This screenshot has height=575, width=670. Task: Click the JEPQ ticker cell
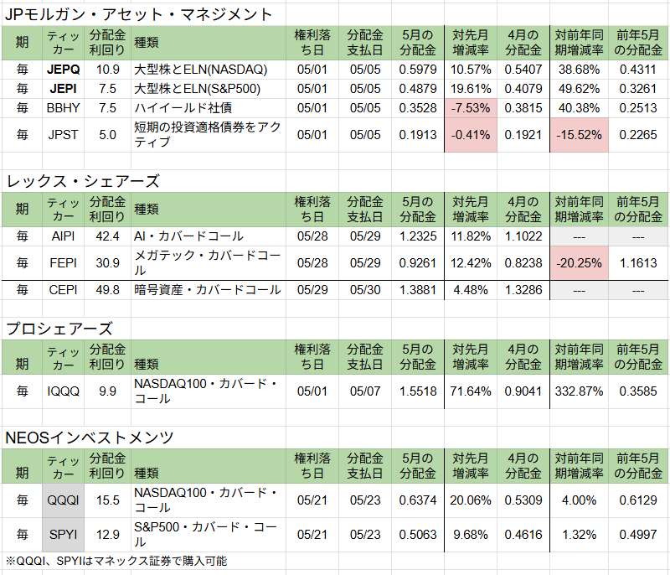click(64, 69)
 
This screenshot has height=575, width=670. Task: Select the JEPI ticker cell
click(64, 89)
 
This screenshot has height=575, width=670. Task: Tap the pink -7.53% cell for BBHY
click(472, 108)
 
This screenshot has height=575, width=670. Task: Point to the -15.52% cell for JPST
click(579, 134)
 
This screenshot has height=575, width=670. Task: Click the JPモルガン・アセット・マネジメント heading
click(139, 14)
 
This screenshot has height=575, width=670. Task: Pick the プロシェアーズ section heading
click(59, 328)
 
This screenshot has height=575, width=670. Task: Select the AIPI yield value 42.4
click(107, 236)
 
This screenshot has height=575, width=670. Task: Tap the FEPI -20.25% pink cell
click(579, 263)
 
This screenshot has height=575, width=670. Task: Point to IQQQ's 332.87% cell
click(579, 391)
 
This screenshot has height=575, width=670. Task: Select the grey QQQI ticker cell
click(64, 500)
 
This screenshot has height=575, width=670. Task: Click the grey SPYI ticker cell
click(64, 534)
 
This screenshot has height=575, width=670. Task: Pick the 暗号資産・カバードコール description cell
click(208, 290)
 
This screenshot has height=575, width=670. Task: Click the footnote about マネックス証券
click(116, 561)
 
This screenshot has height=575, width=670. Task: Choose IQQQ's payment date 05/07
click(364, 391)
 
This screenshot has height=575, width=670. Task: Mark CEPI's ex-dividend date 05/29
click(312, 290)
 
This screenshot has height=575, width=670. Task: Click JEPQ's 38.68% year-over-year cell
click(579, 69)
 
